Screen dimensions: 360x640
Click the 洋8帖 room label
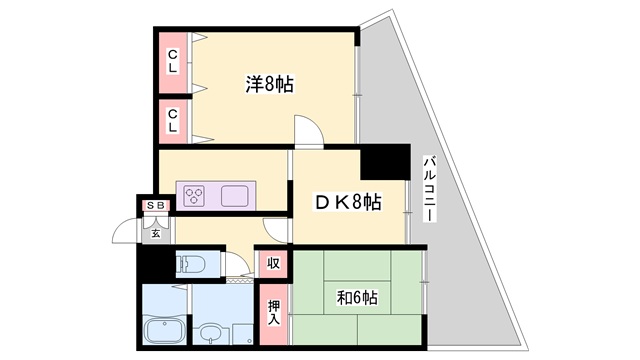coord(269,85)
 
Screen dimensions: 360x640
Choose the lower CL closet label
coord(173,121)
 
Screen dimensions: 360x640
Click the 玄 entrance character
coord(156,234)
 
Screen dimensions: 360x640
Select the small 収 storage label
coord(272,265)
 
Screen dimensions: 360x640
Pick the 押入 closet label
coord(275,313)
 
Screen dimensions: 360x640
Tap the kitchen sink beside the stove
coord(237,194)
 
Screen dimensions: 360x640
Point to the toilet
coord(190,265)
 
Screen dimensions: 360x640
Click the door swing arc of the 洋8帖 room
coord(307,130)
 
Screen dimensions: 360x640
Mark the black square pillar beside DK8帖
coord(385,163)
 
